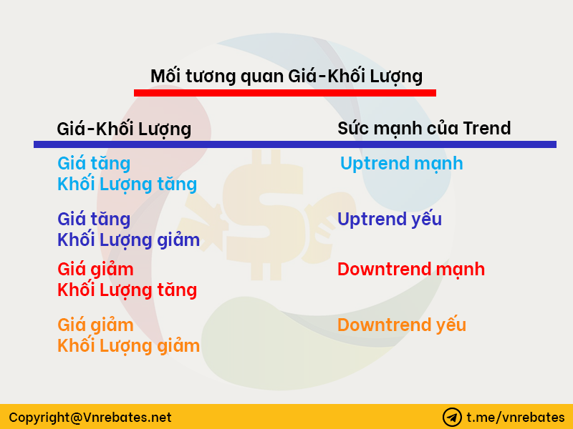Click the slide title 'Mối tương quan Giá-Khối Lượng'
[x=286, y=77]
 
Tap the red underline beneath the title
[x=285, y=93]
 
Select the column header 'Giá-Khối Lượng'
[x=124, y=129]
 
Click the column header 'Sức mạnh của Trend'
[x=424, y=129]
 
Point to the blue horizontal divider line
[x=295, y=144]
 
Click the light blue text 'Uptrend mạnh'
[x=402, y=164]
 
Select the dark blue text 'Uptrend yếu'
[x=390, y=220]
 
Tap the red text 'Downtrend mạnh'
[x=411, y=270]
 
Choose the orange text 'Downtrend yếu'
[x=402, y=325]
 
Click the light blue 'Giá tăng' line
[x=94, y=164]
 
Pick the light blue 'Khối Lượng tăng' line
[x=127, y=184]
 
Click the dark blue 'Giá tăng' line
[x=94, y=220]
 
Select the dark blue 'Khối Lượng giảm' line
[x=129, y=240]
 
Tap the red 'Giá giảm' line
[x=95, y=270]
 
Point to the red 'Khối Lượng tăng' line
[x=127, y=290]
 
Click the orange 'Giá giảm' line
[x=95, y=325]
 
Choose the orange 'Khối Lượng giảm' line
[x=129, y=346]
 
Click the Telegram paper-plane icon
[x=452, y=418]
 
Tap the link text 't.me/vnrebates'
[x=516, y=418]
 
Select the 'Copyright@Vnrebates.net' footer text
[x=90, y=418]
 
